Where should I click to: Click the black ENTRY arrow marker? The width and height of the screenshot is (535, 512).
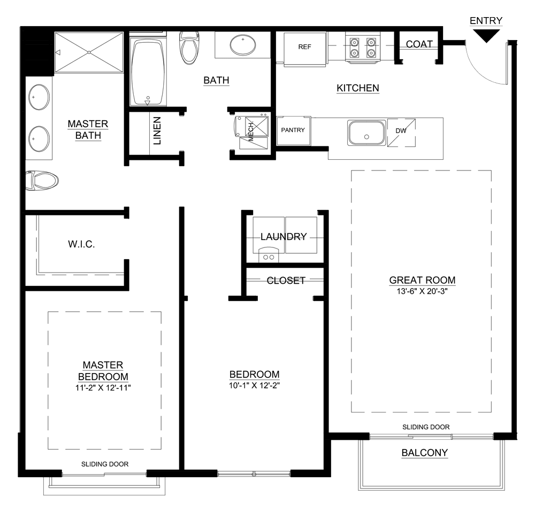coord(486,35)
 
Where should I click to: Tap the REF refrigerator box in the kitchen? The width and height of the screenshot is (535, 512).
coord(304,48)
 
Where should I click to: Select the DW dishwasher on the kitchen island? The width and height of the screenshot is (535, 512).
coord(401,131)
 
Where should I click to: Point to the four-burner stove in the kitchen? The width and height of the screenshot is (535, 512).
coord(362,47)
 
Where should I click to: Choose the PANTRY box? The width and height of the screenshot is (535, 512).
coord(293,130)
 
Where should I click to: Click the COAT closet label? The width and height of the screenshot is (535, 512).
coord(419,44)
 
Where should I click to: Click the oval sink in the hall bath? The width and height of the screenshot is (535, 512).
coord(244,44)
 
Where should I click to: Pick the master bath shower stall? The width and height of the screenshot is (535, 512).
coord(89,52)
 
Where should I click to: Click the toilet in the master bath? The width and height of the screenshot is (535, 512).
coord(42,180)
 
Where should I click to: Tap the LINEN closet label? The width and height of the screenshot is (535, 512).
coord(157,131)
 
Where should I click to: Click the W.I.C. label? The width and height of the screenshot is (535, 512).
coord(81,244)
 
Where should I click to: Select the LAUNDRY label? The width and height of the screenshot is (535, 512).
coord(284,236)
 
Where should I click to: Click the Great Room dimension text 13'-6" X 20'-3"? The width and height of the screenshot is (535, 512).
coord(422,292)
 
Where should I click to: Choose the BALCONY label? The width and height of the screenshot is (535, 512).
coord(424,453)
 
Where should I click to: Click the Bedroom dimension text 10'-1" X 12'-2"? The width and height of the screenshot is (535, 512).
coord(254,385)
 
